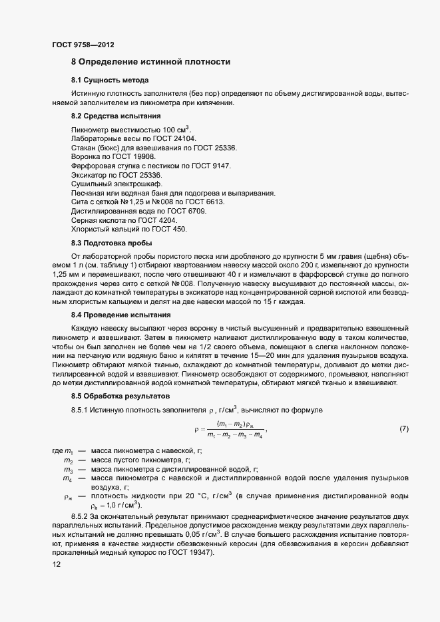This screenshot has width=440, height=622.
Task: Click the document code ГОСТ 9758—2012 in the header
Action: (x=83, y=45)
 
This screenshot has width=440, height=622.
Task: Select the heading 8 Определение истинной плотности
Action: (x=150, y=62)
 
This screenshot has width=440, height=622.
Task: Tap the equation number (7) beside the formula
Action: (x=403, y=430)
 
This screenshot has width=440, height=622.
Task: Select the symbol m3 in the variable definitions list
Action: (x=68, y=469)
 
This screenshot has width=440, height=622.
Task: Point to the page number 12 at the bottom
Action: (x=56, y=563)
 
